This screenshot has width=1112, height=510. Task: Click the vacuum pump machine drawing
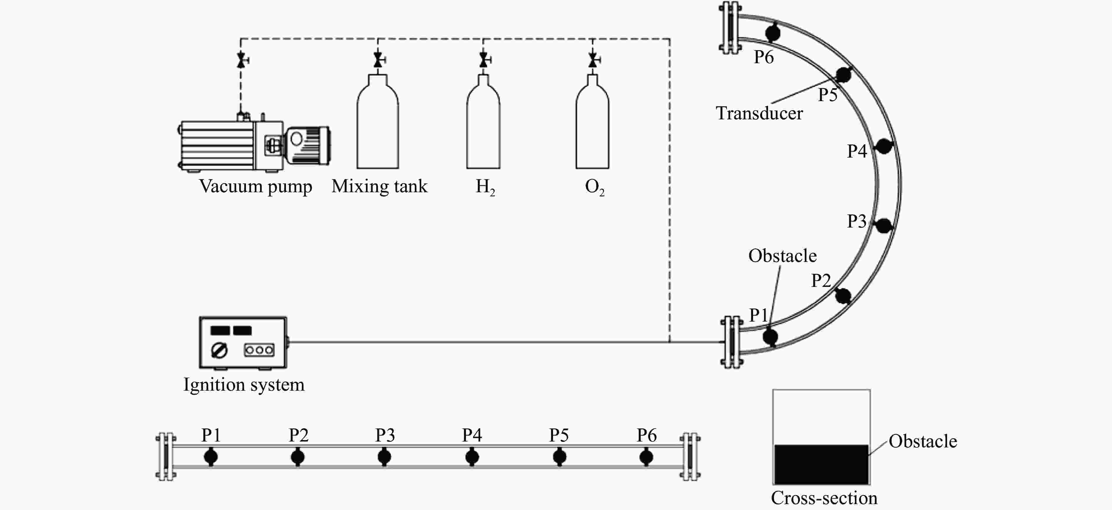[x=255, y=145]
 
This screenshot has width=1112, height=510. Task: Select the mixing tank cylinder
[x=378, y=125]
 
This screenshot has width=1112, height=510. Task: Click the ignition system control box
[x=243, y=342]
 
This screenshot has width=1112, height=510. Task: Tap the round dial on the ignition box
[x=219, y=350]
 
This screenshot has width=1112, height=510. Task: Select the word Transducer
[x=759, y=113]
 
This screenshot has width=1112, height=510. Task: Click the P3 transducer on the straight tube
[x=384, y=457]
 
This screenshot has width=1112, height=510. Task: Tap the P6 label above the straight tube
[x=647, y=435]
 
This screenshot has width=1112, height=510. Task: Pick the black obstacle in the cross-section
[x=821, y=464]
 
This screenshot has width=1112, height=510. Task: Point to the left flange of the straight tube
[x=166, y=457]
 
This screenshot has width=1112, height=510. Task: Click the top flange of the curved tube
[x=730, y=28]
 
